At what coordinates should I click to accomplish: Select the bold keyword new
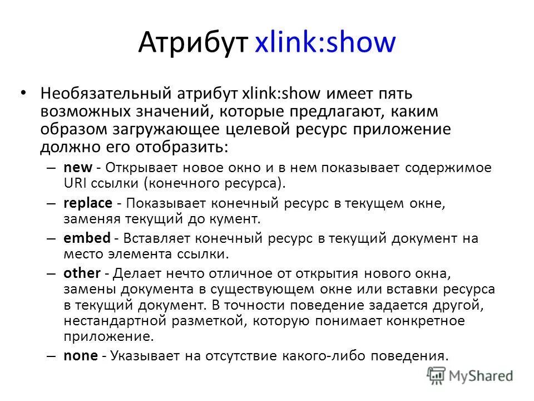(x=75, y=168)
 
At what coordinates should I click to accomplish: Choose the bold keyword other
(x=82, y=273)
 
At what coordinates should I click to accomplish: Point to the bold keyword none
(x=80, y=355)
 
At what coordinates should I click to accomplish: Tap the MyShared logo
(x=470, y=375)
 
